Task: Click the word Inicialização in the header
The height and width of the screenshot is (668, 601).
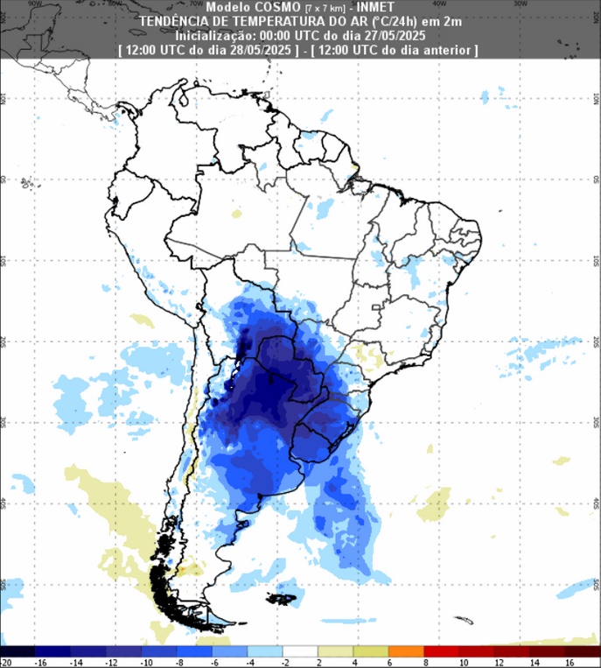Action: click(218, 36)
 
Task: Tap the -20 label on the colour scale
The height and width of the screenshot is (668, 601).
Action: click(6, 662)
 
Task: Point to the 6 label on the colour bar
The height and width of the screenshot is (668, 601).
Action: click(388, 662)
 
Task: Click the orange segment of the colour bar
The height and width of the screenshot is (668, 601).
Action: click(406, 651)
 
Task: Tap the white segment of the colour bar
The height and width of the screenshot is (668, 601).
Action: click(300, 651)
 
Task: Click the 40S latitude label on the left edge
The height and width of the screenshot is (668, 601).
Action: click(5, 503)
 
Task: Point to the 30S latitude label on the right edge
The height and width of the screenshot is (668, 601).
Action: click(595, 422)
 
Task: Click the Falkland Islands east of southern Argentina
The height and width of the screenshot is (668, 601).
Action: click(283, 600)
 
